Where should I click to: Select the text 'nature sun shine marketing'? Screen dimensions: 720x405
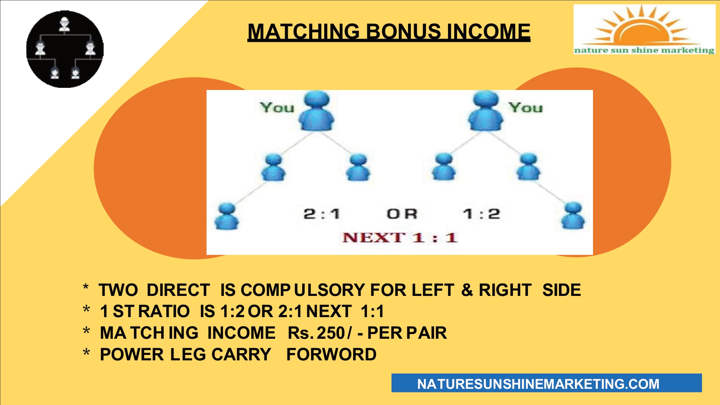click(644, 50)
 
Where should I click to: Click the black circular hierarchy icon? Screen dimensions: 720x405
click(65, 49)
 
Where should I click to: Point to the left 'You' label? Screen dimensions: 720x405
click(277, 107)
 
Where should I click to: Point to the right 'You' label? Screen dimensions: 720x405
click(525, 107)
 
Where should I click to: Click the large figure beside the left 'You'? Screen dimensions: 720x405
click(317, 111)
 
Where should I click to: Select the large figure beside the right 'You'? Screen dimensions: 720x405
click(486, 111)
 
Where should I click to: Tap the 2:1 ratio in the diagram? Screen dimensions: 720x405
click(322, 214)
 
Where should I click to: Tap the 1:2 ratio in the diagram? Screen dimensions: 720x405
click(481, 214)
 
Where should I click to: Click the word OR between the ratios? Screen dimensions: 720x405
click(402, 214)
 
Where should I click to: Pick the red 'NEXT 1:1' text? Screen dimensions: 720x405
click(400, 238)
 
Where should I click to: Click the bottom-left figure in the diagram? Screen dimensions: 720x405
click(227, 216)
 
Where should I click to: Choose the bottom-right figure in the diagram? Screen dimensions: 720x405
click(573, 216)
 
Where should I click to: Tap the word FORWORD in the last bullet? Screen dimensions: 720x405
click(331, 355)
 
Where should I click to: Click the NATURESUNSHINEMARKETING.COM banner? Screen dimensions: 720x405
click(547, 383)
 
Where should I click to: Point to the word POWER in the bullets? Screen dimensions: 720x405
click(132, 355)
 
